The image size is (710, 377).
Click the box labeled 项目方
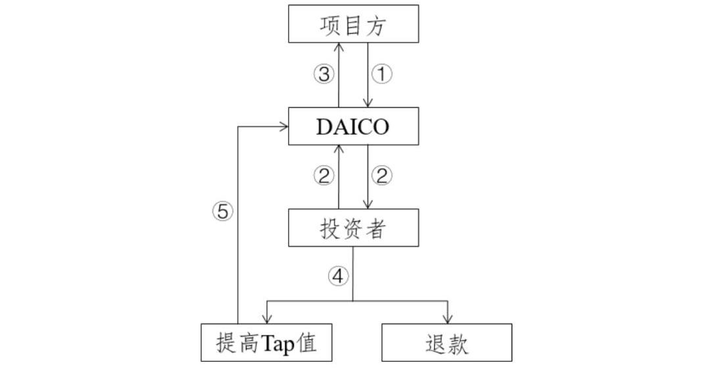[354, 24]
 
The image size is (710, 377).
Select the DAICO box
[354, 126]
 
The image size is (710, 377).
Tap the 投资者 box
[354, 228]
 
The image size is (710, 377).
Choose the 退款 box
[446, 343]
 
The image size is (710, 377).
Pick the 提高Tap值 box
[266, 343]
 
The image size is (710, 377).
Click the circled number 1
[381, 74]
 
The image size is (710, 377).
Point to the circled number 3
[323, 74]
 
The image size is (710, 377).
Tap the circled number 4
[338, 277]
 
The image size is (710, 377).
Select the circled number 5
[222, 211]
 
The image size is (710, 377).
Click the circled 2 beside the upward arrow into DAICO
[323, 176]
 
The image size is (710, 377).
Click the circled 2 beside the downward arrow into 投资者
[381, 176]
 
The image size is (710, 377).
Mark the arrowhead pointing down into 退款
[448, 319]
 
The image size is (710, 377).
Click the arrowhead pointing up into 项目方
[339, 47]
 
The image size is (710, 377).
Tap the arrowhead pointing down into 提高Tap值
[266, 319]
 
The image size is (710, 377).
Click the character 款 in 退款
[458, 343]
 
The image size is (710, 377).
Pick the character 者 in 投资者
[375, 228]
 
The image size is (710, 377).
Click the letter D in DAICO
[325, 126]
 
